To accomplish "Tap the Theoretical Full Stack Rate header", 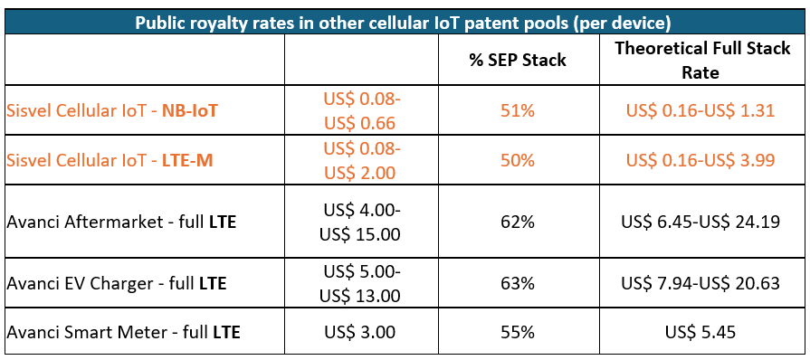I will pyautogui.click(x=701, y=60).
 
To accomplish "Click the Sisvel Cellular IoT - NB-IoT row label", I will pyautogui.click(x=113, y=110).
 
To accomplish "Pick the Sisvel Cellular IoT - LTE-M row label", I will pyautogui.click(x=112, y=159).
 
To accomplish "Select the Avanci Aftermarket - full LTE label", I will pyautogui.click(x=121, y=221).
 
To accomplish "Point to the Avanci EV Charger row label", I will pyautogui.click(x=116, y=283).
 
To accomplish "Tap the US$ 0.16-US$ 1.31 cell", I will pyautogui.click(x=701, y=110).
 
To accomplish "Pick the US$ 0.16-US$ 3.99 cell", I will pyautogui.click(x=701, y=159).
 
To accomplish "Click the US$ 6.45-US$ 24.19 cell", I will pyautogui.click(x=701, y=221).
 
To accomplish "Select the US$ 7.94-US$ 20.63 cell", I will pyautogui.click(x=701, y=283).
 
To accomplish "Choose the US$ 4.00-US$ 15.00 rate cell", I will pyautogui.click(x=361, y=221).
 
